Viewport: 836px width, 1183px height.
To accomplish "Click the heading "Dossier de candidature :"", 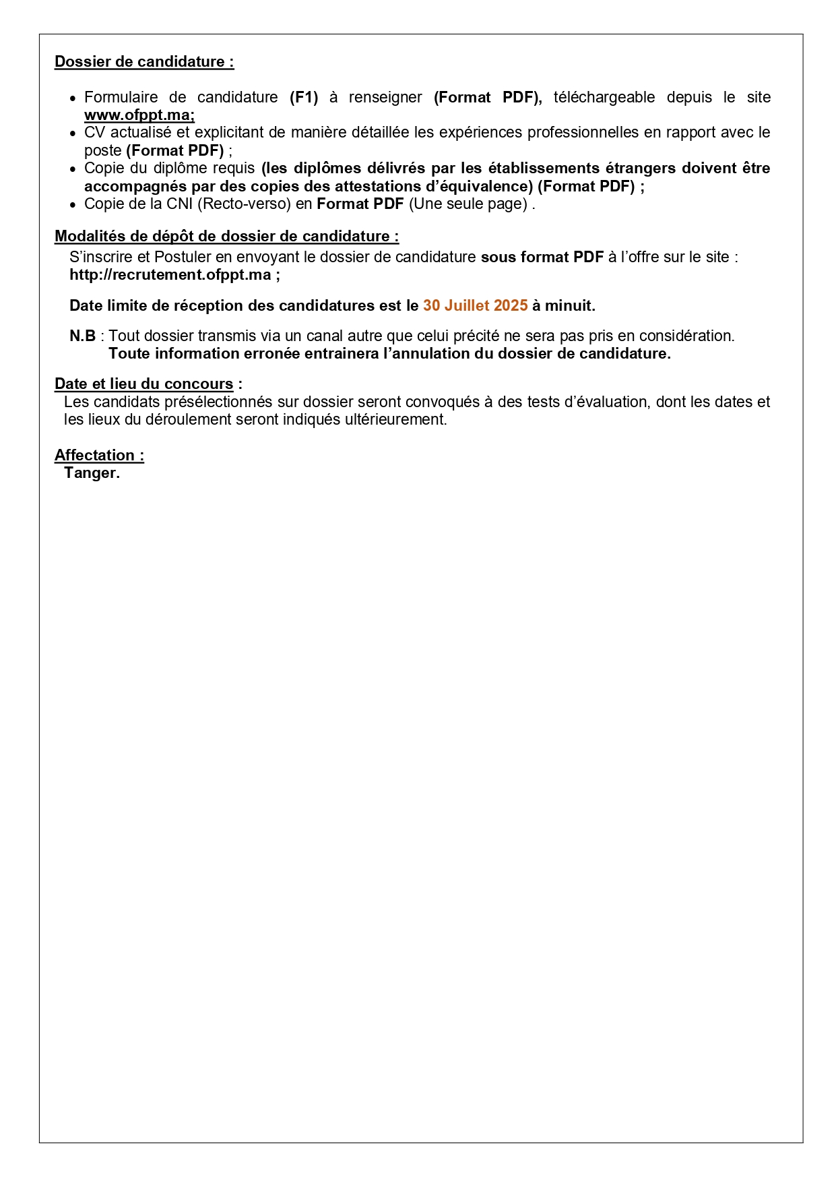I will [144, 62].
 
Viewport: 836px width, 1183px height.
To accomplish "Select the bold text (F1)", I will [304, 98].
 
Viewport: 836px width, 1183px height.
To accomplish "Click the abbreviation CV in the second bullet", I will [94, 133].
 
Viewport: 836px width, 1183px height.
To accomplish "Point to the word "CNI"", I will [180, 204].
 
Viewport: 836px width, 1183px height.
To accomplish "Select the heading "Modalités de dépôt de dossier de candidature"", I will [226, 237].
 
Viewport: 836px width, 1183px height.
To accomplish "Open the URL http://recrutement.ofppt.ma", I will [170, 275].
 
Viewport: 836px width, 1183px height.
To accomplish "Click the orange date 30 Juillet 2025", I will [475, 306].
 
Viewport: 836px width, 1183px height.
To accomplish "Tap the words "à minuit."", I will [564, 306].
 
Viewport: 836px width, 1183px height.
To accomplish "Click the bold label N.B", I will [82, 336].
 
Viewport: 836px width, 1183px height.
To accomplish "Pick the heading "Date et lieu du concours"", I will [144, 384].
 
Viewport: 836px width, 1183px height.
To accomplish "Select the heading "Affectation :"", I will [99, 456].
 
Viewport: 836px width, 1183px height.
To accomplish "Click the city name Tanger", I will [92, 473].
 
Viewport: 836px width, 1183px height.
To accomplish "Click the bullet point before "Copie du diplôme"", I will [73, 169].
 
